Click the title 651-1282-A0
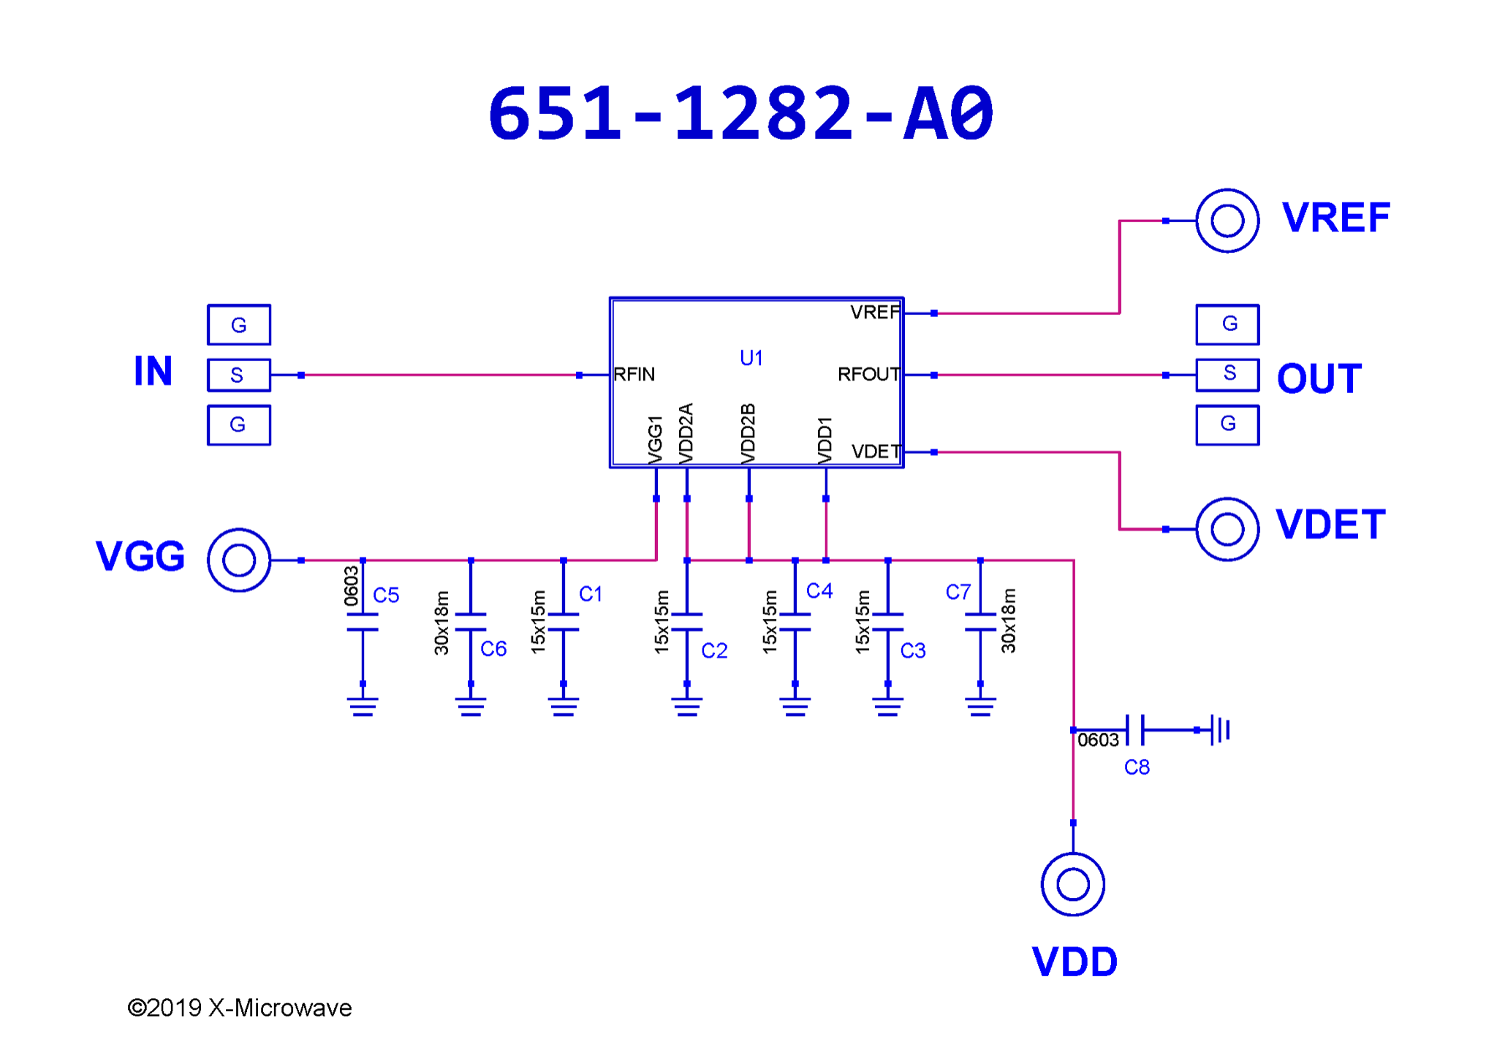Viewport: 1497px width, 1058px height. (740, 114)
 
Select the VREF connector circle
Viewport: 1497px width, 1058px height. (1227, 221)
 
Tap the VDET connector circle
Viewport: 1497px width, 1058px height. (1227, 529)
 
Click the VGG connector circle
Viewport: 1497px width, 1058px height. (238, 560)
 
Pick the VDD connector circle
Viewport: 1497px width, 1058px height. (1072, 884)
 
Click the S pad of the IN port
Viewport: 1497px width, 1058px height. (238, 375)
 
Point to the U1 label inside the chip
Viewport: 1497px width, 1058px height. (751, 358)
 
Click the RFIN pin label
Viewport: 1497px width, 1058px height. (634, 375)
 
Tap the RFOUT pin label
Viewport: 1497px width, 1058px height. (868, 375)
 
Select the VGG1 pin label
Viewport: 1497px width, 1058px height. (656, 439)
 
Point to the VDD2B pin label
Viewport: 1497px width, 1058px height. (748, 433)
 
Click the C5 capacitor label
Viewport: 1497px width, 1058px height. (386, 595)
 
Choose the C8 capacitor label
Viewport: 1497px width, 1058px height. (1137, 767)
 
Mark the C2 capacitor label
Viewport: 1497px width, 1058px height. (714, 650)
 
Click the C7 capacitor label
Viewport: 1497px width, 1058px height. (958, 592)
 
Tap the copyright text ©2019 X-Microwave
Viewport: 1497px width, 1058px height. (240, 1008)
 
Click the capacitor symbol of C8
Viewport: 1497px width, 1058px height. (1135, 730)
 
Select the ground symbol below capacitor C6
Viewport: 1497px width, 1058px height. (471, 707)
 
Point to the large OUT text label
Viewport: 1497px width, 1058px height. (1319, 378)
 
